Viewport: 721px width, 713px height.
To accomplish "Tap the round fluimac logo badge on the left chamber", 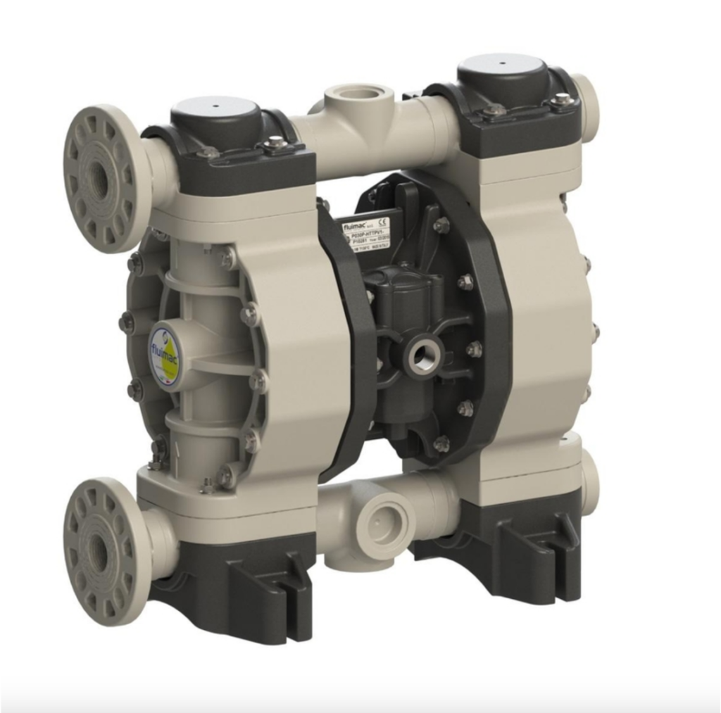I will (x=163, y=355).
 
